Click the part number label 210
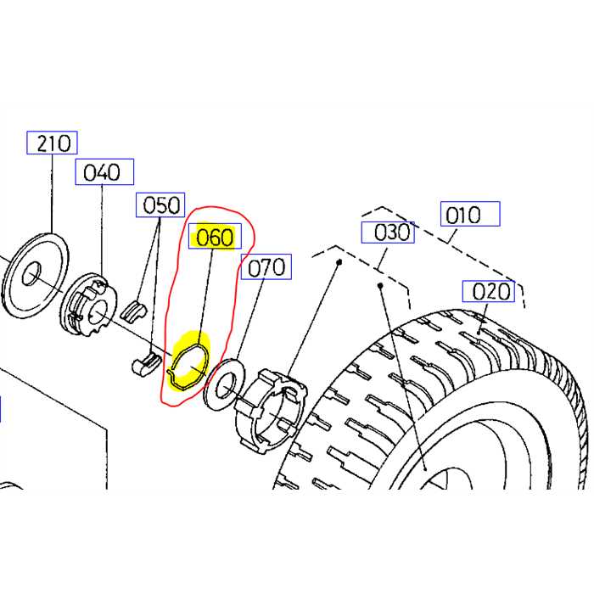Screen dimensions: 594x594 53,143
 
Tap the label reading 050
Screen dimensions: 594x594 161,205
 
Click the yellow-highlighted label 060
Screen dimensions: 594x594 214,238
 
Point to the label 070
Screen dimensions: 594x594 266,267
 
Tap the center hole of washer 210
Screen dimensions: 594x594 31,274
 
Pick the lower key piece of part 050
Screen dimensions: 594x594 146,362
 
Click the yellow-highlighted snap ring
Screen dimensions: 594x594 188,363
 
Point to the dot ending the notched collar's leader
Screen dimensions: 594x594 339,264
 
